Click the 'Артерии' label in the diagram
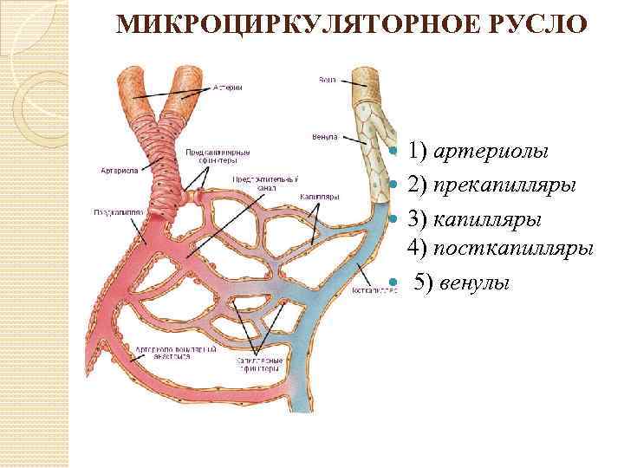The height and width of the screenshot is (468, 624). coord(227,88)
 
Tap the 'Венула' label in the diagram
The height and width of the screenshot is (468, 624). coord(324,137)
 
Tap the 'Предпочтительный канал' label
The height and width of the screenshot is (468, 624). coord(263,183)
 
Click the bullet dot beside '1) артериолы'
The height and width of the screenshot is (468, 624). coord(393,153)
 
